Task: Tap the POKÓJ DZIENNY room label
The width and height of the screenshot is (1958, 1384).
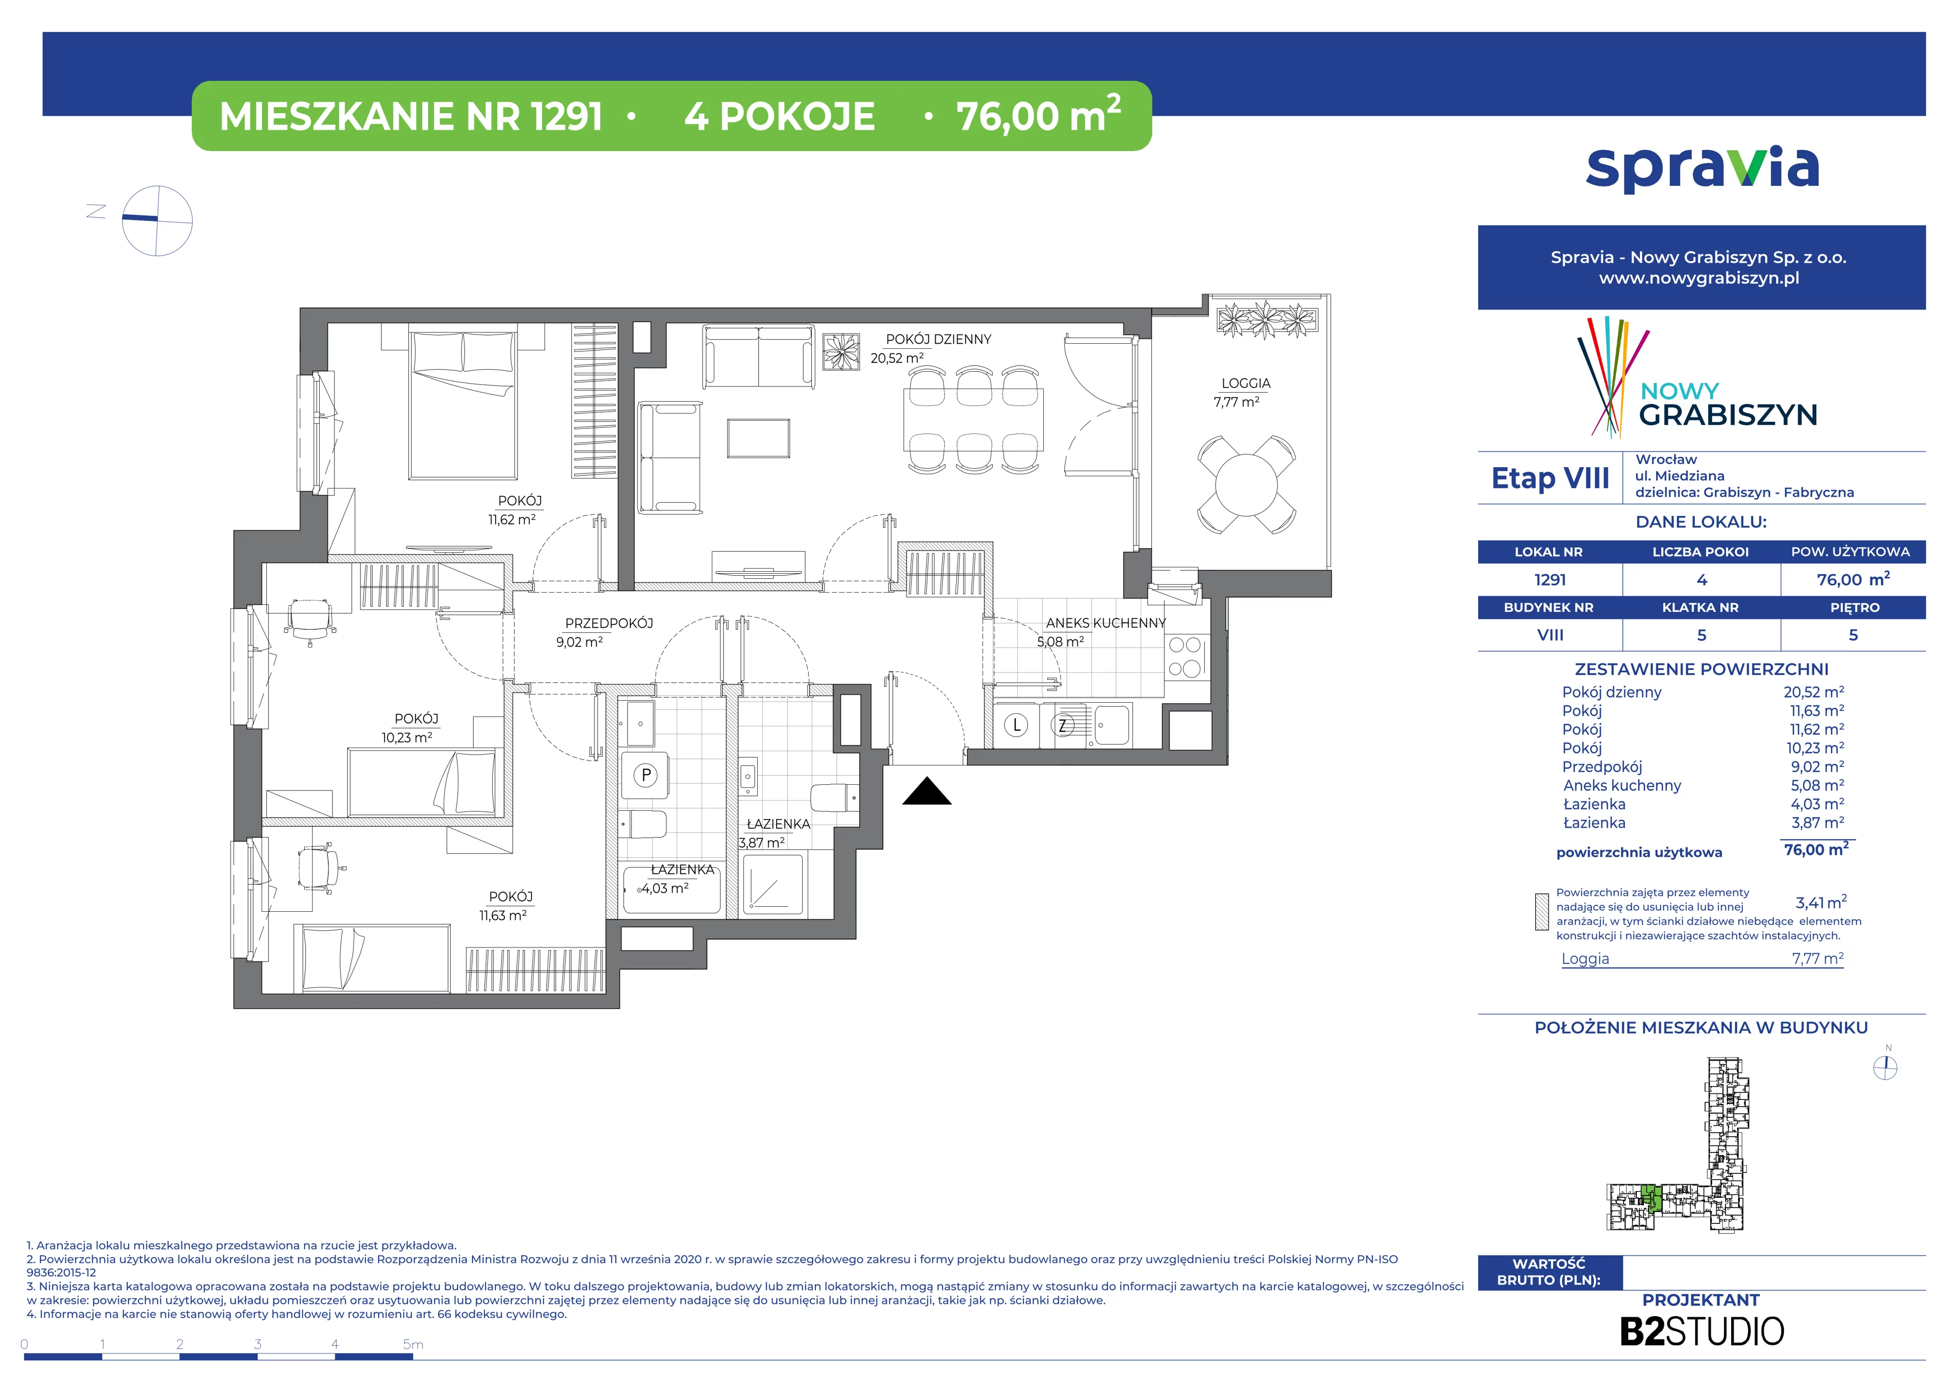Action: coord(938,340)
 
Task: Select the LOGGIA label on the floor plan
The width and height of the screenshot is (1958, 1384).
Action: coord(1246,383)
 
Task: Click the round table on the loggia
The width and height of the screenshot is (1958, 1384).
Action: coord(1246,484)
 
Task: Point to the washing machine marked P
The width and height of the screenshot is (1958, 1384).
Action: coord(646,775)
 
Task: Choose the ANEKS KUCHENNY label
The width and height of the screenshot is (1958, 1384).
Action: coord(1105,623)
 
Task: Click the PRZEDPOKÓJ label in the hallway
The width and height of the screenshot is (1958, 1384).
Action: coord(609,623)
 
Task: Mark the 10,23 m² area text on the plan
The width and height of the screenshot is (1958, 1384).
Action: coord(407,737)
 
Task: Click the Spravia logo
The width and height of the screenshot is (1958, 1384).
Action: coord(1702,169)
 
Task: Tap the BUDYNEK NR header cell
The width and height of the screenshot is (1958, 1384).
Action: coord(1549,608)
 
